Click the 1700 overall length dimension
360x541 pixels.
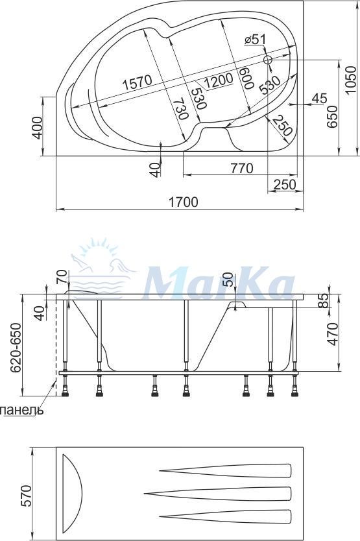(184, 202)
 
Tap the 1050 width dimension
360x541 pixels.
(350, 79)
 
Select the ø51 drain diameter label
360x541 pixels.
(255, 40)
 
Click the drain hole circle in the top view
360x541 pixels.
(268, 60)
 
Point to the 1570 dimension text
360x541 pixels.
(138, 83)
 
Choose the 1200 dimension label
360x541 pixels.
(219, 80)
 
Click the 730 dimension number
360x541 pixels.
(181, 109)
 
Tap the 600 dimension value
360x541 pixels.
(246, 78)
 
